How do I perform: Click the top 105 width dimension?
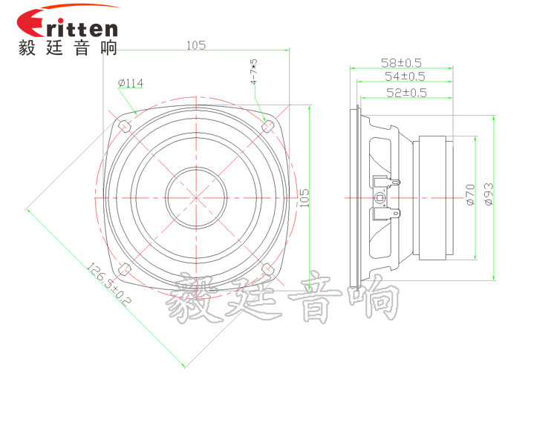(x=196, y=45)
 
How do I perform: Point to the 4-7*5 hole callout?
(x=254, y=72)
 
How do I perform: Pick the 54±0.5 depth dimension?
(x=405, y=76)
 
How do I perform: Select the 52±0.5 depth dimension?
(x=406, y=93)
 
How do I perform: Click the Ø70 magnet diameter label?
(x=470, y=194)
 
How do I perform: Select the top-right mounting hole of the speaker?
(x=267, y=125)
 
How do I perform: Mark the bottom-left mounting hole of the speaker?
(x=125, y=268)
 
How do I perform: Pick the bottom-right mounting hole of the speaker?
(x=267, y=268)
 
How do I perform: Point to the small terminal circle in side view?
(x=381, y=198)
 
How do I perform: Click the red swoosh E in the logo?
(x=34, y=24)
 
